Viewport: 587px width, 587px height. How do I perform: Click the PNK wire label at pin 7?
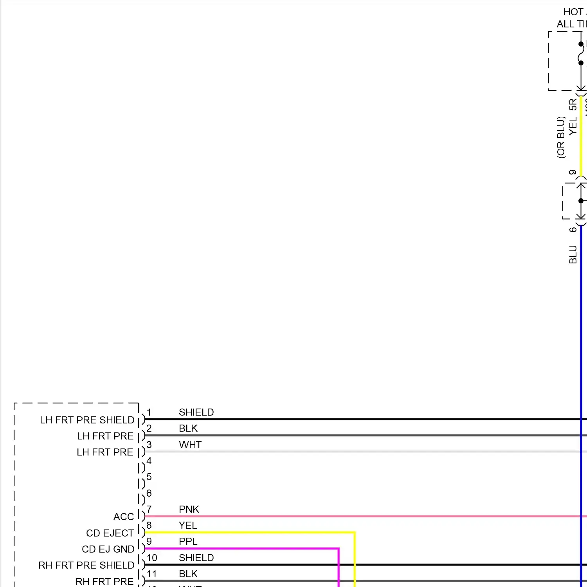point(189,509)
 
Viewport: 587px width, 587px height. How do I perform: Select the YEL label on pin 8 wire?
point(188,525)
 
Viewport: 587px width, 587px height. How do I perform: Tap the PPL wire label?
point(188,541)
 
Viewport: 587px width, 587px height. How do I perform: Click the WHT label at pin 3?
point(190,445)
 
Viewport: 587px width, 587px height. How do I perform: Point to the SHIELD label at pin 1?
point(196,412)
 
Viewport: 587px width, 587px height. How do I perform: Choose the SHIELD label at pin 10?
point(196,558)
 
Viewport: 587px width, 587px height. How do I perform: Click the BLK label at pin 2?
point(188,428)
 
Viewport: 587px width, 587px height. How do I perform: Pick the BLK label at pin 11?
point(188,574)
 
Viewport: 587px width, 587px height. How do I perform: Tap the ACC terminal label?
point(124,517)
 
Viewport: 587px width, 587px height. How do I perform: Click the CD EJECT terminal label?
point(110,533)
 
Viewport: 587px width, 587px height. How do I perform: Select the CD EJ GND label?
point(108,549)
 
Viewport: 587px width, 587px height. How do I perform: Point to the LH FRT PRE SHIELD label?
point(87,420)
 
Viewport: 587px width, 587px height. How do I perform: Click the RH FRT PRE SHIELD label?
point(86,565)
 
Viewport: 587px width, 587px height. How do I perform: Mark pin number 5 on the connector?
point(149,477)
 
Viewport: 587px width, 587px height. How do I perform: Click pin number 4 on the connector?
point(149,461)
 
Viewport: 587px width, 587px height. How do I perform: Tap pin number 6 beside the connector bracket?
point(149,493)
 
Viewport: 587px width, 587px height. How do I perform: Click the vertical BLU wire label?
point(573,254)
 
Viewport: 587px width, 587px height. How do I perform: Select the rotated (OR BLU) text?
point(561,137)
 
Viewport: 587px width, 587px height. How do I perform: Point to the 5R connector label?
point(573,104)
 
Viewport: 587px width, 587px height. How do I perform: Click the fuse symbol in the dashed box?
point(581,53)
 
